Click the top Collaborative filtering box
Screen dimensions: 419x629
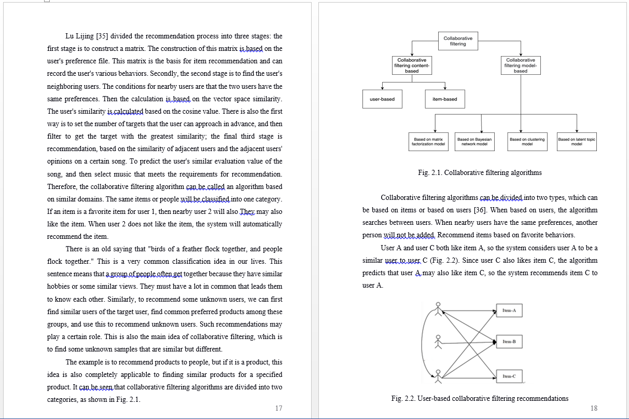458,41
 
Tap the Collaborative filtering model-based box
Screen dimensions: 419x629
521,65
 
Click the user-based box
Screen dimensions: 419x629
382,99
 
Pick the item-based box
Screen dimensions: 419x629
444,99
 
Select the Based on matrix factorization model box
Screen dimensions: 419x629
428,141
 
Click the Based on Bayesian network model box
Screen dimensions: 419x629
474,141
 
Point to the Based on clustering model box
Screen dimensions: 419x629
527,141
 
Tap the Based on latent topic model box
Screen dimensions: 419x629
577,141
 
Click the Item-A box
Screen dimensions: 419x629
509,310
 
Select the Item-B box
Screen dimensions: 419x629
509,342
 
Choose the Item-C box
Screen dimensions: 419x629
509,376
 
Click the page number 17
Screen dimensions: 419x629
278,408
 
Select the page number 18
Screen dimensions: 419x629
594,408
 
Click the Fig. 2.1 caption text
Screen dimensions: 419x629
480,172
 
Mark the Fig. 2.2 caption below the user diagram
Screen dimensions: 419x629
480,398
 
